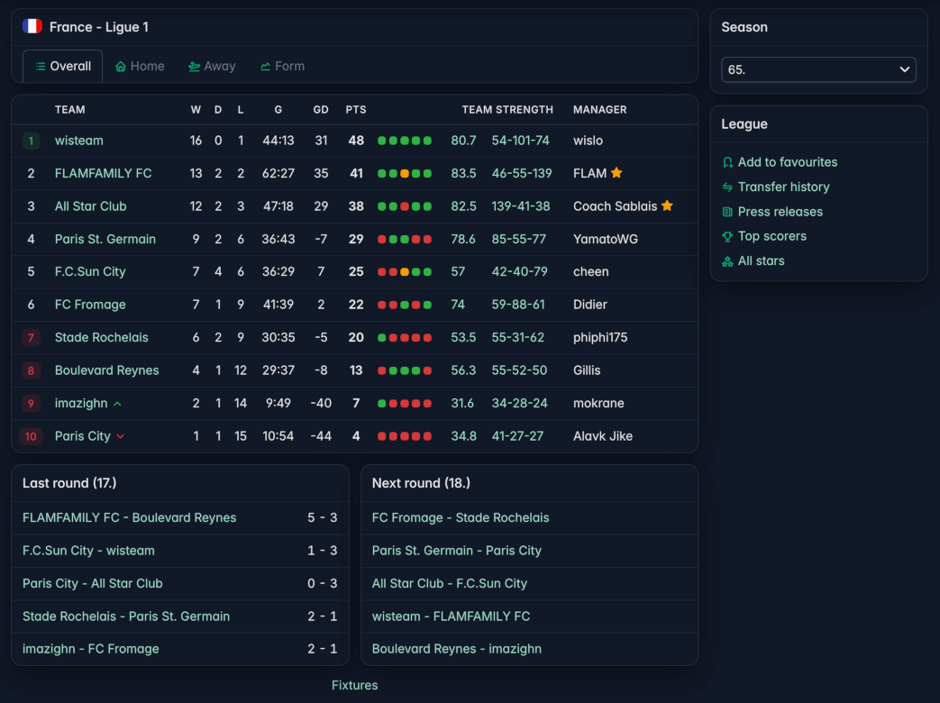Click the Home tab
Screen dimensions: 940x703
(140, 66)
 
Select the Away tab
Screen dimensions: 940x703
(212, 66)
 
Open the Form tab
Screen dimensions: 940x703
(282, 66)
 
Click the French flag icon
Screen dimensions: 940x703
(32, 26)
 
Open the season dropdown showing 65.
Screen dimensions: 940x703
(818, 69)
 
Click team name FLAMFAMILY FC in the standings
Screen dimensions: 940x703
(103, 173)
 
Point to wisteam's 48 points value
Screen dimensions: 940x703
(356, 141)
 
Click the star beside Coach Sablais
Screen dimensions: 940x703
(667, 205)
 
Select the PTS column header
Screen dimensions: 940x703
(355, 110)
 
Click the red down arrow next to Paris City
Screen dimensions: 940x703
(121, 436)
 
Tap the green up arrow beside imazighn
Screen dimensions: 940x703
(117, 404)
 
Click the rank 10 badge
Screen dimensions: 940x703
(31, 436)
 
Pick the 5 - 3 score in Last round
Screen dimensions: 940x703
(322, 517)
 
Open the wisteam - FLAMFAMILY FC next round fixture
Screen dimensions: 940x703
(451, 616)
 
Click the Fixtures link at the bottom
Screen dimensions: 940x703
(355, 685)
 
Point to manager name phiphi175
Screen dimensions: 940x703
(600, 337)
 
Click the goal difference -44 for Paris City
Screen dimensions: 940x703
(321, 436)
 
